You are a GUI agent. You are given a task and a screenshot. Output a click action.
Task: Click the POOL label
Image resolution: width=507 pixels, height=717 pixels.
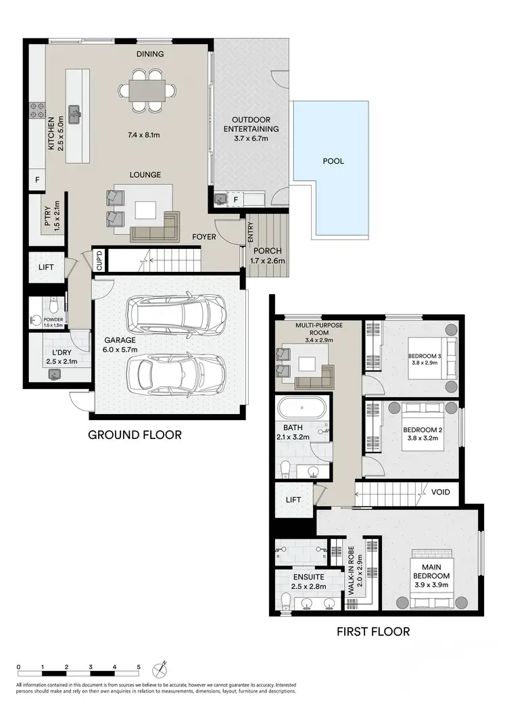[333, 161]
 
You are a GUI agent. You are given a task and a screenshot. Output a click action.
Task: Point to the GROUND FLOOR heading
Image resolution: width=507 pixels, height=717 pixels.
[135, 434]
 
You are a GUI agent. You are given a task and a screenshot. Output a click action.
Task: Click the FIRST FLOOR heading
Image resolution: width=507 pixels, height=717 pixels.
[373, 632]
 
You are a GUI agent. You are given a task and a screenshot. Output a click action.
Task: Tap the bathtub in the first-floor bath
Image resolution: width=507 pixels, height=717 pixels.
[303, 409]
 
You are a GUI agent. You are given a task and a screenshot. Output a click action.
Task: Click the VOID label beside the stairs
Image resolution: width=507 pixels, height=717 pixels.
[440, 492]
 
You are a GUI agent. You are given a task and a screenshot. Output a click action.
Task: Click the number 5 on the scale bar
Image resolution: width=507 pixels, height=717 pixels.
[139, 667]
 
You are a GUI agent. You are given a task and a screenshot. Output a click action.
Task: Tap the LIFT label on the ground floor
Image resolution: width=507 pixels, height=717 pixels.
[46, 267]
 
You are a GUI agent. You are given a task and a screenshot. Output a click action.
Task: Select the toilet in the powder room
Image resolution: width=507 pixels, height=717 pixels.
[53, 306]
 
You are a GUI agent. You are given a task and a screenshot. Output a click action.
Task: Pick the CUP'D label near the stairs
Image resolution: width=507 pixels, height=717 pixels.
[98, 260]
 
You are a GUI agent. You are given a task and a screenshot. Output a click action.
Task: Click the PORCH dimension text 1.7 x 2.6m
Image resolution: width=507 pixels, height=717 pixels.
[266, 260]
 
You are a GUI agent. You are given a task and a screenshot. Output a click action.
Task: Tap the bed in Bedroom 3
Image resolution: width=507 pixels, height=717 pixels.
[431, 356]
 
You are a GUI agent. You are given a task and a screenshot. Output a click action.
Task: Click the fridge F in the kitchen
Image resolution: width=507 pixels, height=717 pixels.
[37, 181]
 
